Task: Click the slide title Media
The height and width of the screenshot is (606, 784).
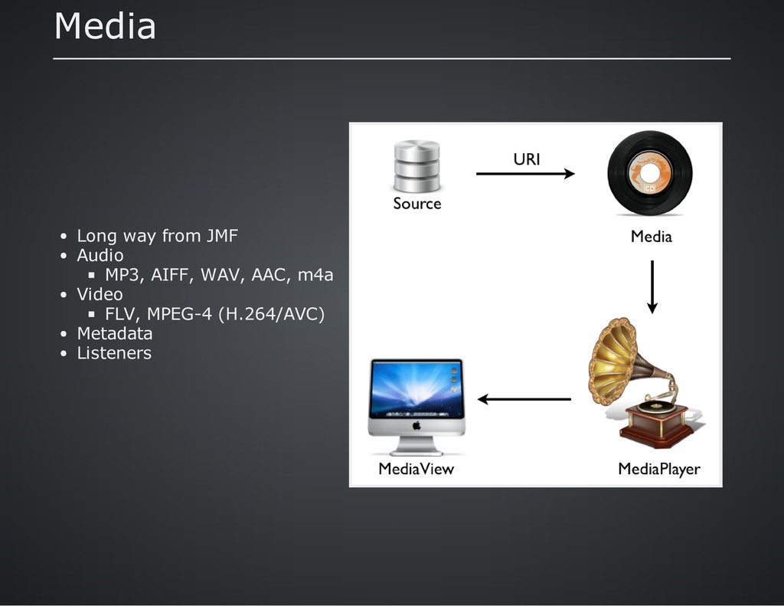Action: point(105,28)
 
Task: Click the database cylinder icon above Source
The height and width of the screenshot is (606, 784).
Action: point(416,166)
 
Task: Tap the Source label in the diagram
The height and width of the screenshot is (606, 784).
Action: point(417,204)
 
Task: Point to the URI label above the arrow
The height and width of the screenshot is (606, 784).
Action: point(526,159)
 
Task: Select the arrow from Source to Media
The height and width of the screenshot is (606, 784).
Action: point(525,175)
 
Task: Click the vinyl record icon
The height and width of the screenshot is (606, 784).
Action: point(649,173)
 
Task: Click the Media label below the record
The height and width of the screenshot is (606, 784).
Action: point(651,237)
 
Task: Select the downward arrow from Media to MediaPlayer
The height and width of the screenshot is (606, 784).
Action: point(652,287)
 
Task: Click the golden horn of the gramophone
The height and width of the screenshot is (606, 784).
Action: point(613,360)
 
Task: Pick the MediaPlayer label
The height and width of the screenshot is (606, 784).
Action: point(658,469)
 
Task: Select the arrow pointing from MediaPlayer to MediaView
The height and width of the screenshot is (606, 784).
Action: point(524,399)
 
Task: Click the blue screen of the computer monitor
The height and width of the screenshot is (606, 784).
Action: point(416,388)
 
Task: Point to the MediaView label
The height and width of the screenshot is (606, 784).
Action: point(416,469)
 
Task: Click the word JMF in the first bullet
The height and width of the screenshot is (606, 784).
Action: point(222,236)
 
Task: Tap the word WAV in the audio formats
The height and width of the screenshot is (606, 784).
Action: point(217,275)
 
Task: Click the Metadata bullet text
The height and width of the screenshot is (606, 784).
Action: point(115,334)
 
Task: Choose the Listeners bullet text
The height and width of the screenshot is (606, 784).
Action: point(114,353)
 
